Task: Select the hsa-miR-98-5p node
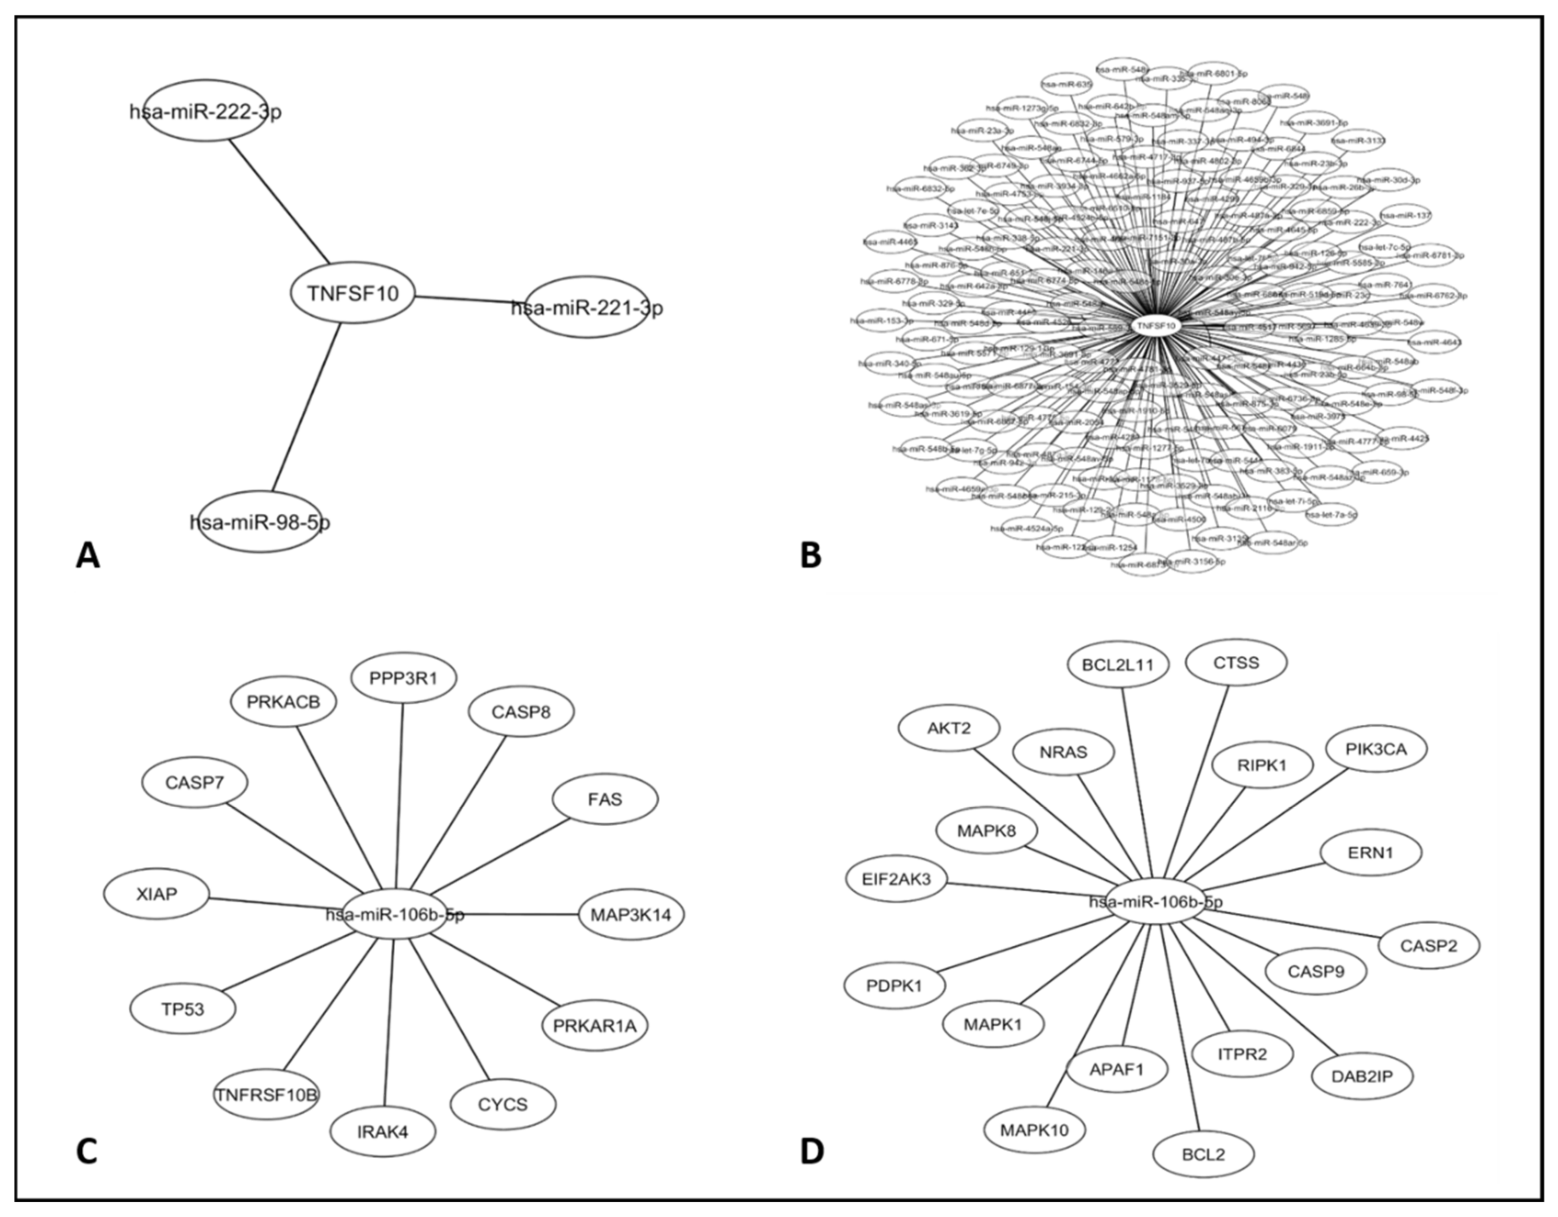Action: coord(260,522)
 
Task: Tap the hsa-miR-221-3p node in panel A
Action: coord(586,307)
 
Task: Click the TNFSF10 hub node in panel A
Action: coord(352,292)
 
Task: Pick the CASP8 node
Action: coord(521,711)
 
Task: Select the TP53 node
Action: coord(183,1009)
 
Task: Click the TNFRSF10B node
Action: coord(267,1094)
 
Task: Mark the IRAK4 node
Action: coord(383,1131)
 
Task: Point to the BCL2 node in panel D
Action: coord(1203,1153)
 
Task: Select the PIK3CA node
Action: coord(1376,749)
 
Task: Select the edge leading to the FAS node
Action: coord(499,856)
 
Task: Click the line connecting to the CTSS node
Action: coord(1199,785)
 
